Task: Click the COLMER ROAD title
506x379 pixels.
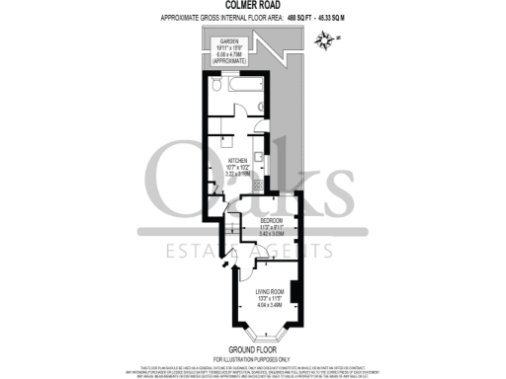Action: click(x=252, y=6)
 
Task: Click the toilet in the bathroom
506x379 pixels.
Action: click(x=217, y=88)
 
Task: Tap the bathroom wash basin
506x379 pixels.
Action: click(x=261, y=107)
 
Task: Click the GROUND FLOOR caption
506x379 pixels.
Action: click(x=252, y=349)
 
